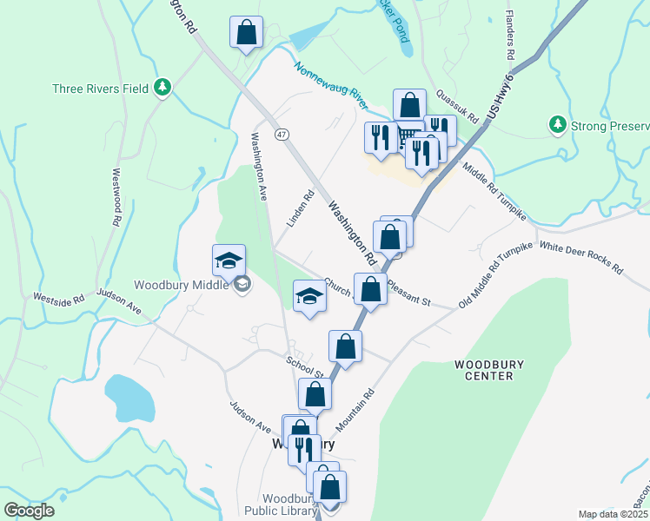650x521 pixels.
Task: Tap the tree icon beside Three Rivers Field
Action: coord(162,87)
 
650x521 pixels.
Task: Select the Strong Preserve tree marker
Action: coord(557,126)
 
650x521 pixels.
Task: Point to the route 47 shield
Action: coord(281,135)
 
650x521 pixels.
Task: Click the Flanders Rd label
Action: coord(510,36)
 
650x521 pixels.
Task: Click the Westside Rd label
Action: coord(59,298)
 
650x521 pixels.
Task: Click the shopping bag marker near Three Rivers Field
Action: coord(246,33)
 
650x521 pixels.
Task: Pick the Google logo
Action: coord(29,510)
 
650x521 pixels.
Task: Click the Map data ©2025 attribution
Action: coord(613,514)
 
